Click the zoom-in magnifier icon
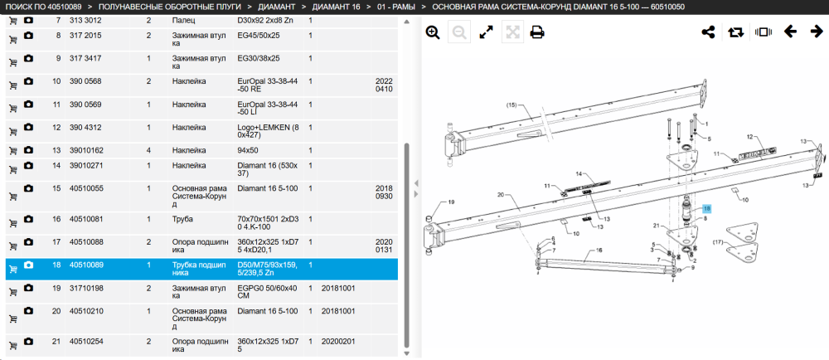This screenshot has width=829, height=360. coord(433,33)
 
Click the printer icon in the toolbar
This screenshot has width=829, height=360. coord(537,33)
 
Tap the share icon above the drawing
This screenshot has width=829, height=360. coord(708,32)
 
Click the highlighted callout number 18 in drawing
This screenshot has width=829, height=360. coord(707,209)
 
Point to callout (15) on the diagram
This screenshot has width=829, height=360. coord(511,105)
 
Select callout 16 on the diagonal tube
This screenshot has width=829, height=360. coord(599,250)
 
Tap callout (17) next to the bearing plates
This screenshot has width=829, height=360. coord(717,243)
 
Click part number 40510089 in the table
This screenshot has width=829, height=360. coord(85,265)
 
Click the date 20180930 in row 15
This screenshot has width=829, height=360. coord(384,192)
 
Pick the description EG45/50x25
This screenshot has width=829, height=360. coord(259,36)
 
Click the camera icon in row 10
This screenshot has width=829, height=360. coord(28,81)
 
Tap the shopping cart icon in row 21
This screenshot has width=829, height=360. coord(13,346)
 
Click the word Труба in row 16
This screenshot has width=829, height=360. coord(183,219)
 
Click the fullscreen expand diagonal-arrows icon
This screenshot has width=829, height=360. coord(486,33)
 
